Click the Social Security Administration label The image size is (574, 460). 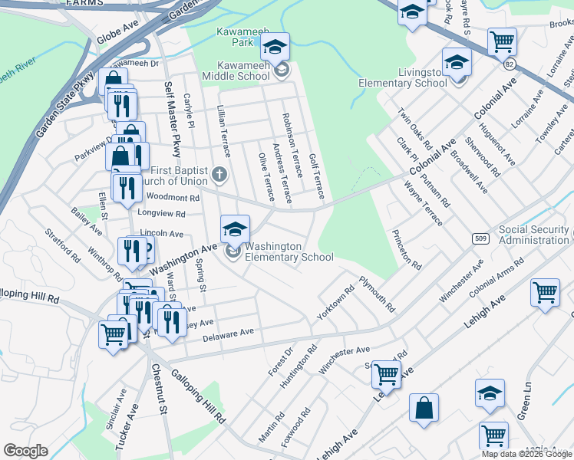(534, 235)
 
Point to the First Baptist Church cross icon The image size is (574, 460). (219, 173)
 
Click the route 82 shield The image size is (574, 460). (510, 66)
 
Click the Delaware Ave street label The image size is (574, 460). (228, 336)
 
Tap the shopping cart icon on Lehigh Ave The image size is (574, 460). (386, 374)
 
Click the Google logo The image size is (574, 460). (25, 451)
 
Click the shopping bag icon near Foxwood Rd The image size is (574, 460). (424, 409)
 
